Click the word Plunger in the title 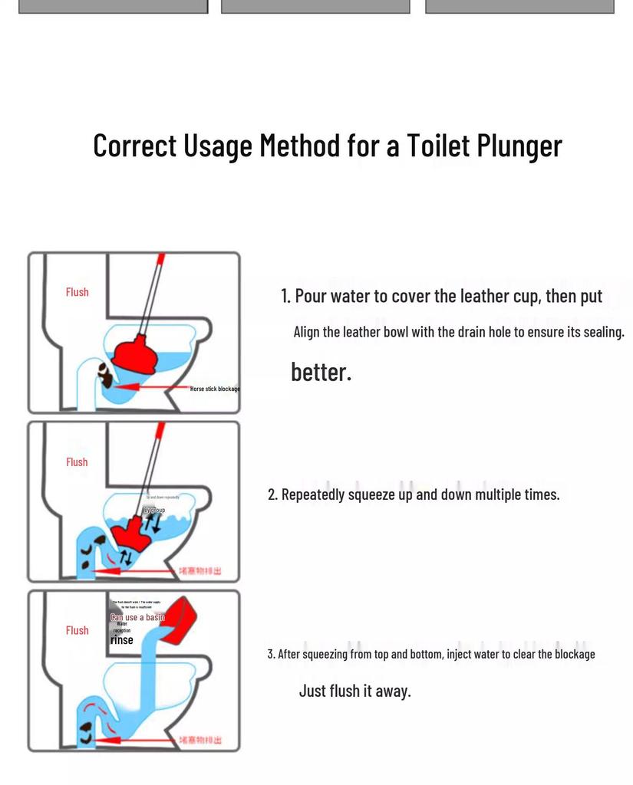tap(519, 146)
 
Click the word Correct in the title tap(135, 146)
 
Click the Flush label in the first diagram tap(77, 292)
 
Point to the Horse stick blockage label tap(215, 389)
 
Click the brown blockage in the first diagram tap(104, 374)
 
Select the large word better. tap(321, 373)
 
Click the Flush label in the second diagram tap(77, 462)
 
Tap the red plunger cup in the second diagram tap(130, 530)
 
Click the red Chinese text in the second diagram tap(200, 571)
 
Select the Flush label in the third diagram tap(77, 630)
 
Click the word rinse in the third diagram tap(121, 640)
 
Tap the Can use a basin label tap(137, 617)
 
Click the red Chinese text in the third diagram tap(200, 740)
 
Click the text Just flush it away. tap(354, 691)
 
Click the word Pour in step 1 tap(311, 297)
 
